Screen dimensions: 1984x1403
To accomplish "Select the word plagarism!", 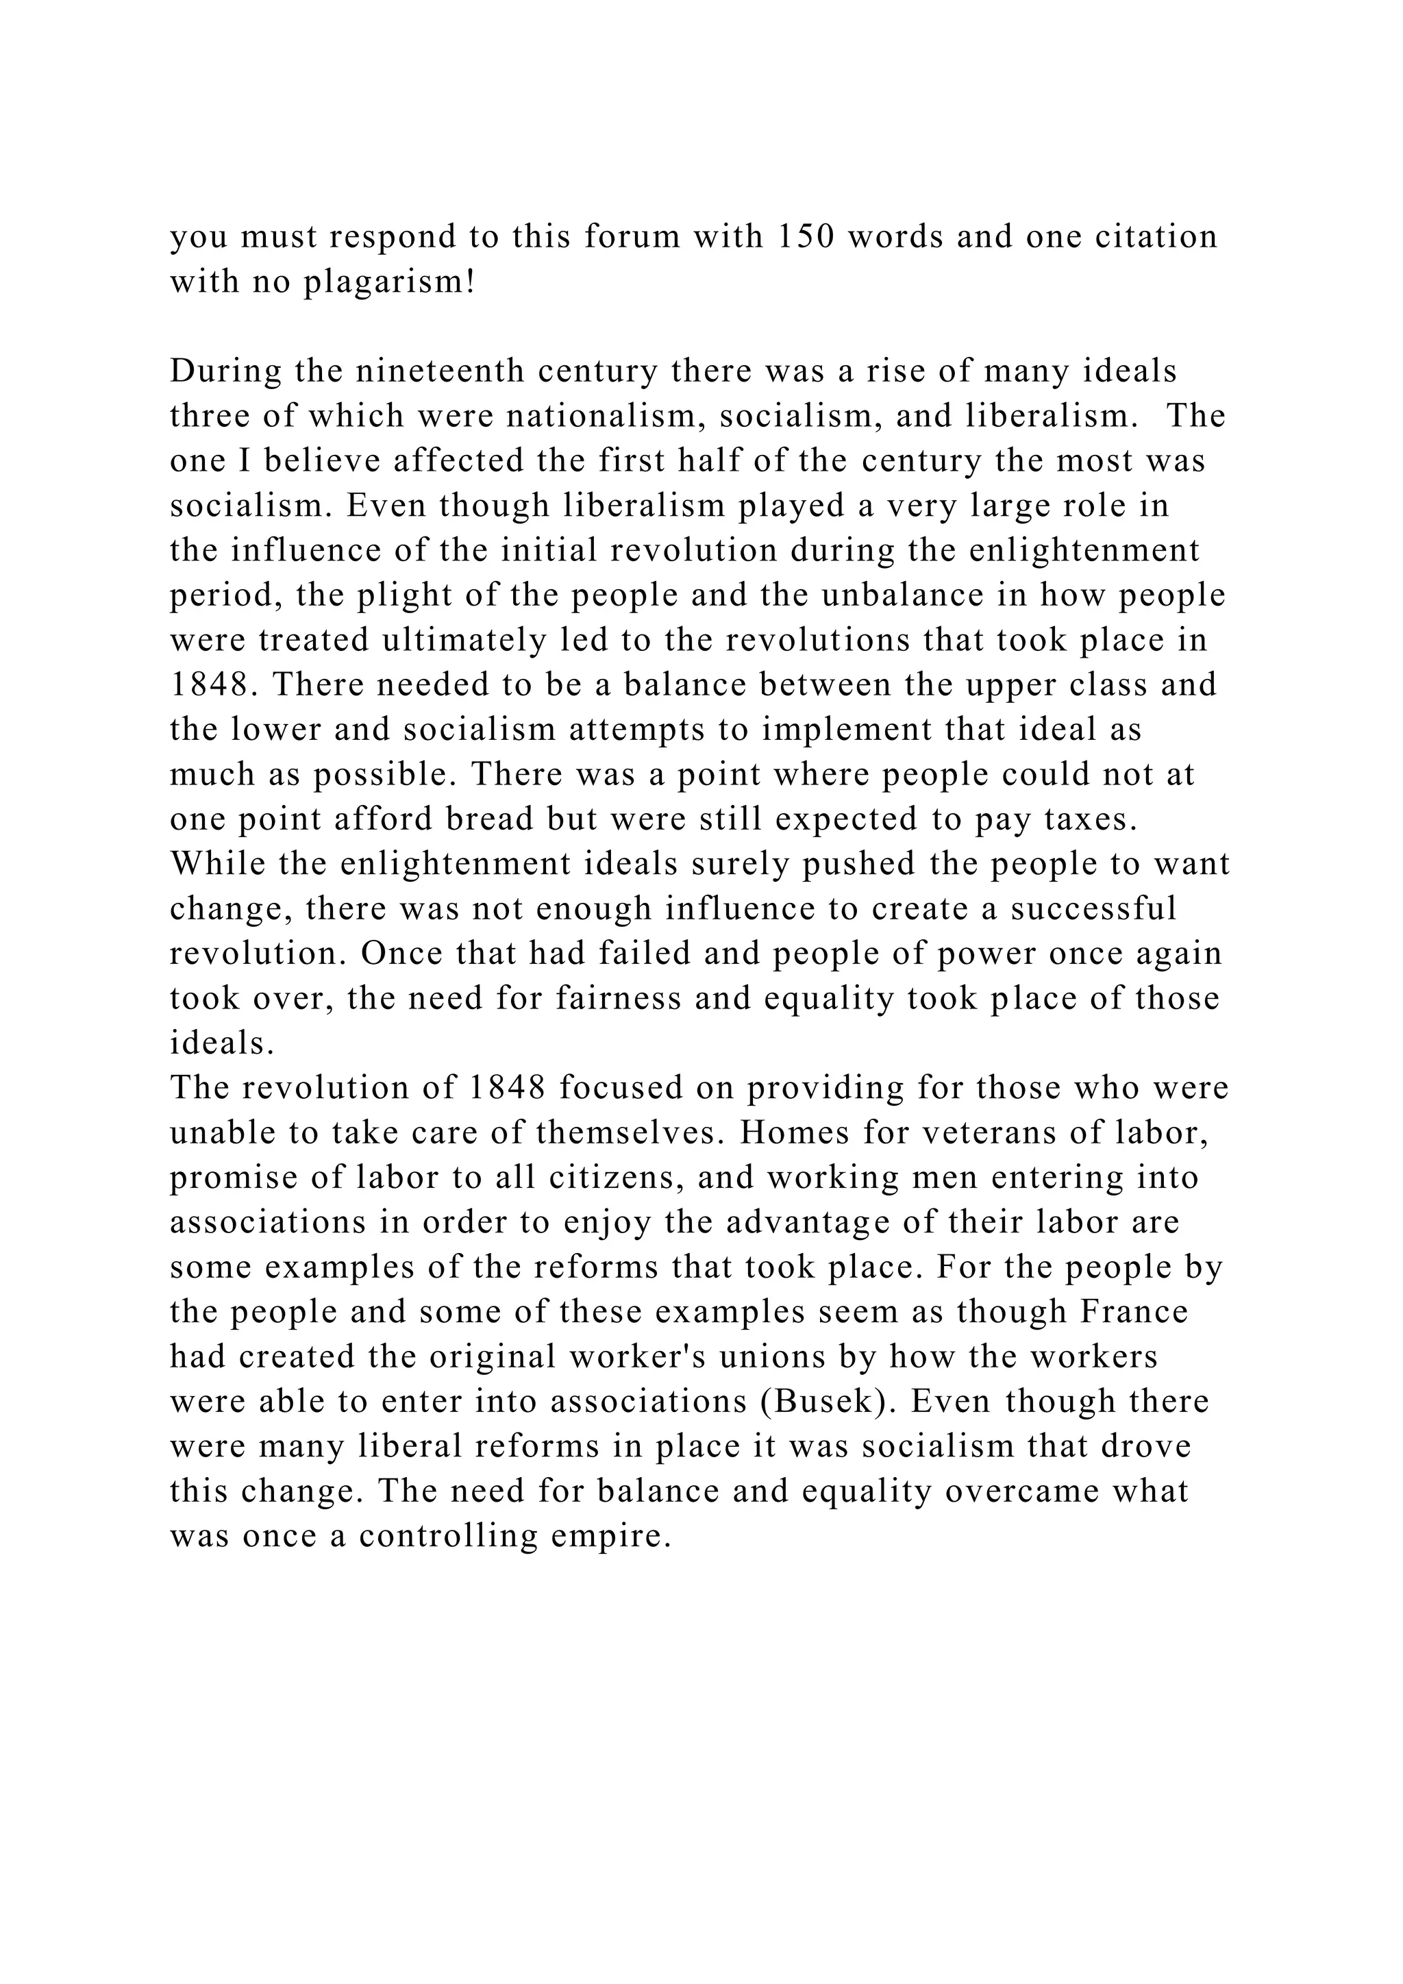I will [390, 282].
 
